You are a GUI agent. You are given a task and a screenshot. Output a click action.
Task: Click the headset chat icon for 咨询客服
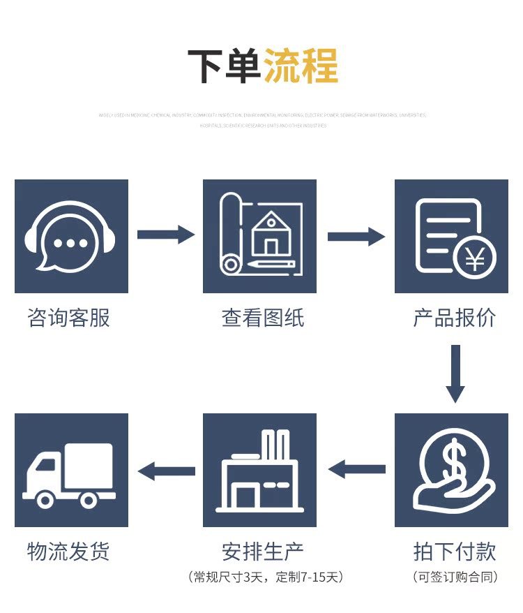pyautogui.click(x=71, y=236)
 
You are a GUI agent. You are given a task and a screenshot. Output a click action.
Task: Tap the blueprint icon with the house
pyautogui.click(x=259, y=236)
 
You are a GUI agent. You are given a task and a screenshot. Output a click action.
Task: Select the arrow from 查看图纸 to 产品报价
pyautogui.click(x=356, y=236)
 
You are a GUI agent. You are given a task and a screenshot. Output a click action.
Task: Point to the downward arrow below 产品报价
pyautogui.click(x=455, y=374)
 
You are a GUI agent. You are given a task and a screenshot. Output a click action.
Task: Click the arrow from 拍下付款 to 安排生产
pyautogui.click(x=356, y=469)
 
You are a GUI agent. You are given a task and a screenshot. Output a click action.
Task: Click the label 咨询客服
pyautogui.click(x=69, y=318)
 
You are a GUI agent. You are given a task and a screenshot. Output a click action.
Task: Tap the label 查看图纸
pyautogui.click(x=262, y=318)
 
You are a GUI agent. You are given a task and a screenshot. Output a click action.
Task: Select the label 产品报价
pyautogui.click(x=454, y=318)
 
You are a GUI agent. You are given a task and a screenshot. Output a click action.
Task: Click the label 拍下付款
pyautogui.click(x=454, y=552)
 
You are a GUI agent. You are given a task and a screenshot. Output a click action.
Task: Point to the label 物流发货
pyautogui.click(x=69, y=552)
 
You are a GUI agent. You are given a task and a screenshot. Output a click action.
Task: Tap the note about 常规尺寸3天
pyautogui.click(x=265, y=577)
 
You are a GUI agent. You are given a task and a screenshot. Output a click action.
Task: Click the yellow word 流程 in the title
pyautogui.click(x=301, y=66)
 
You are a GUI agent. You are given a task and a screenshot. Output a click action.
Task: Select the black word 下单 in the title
pyautogui.click(x=224, y=66)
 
